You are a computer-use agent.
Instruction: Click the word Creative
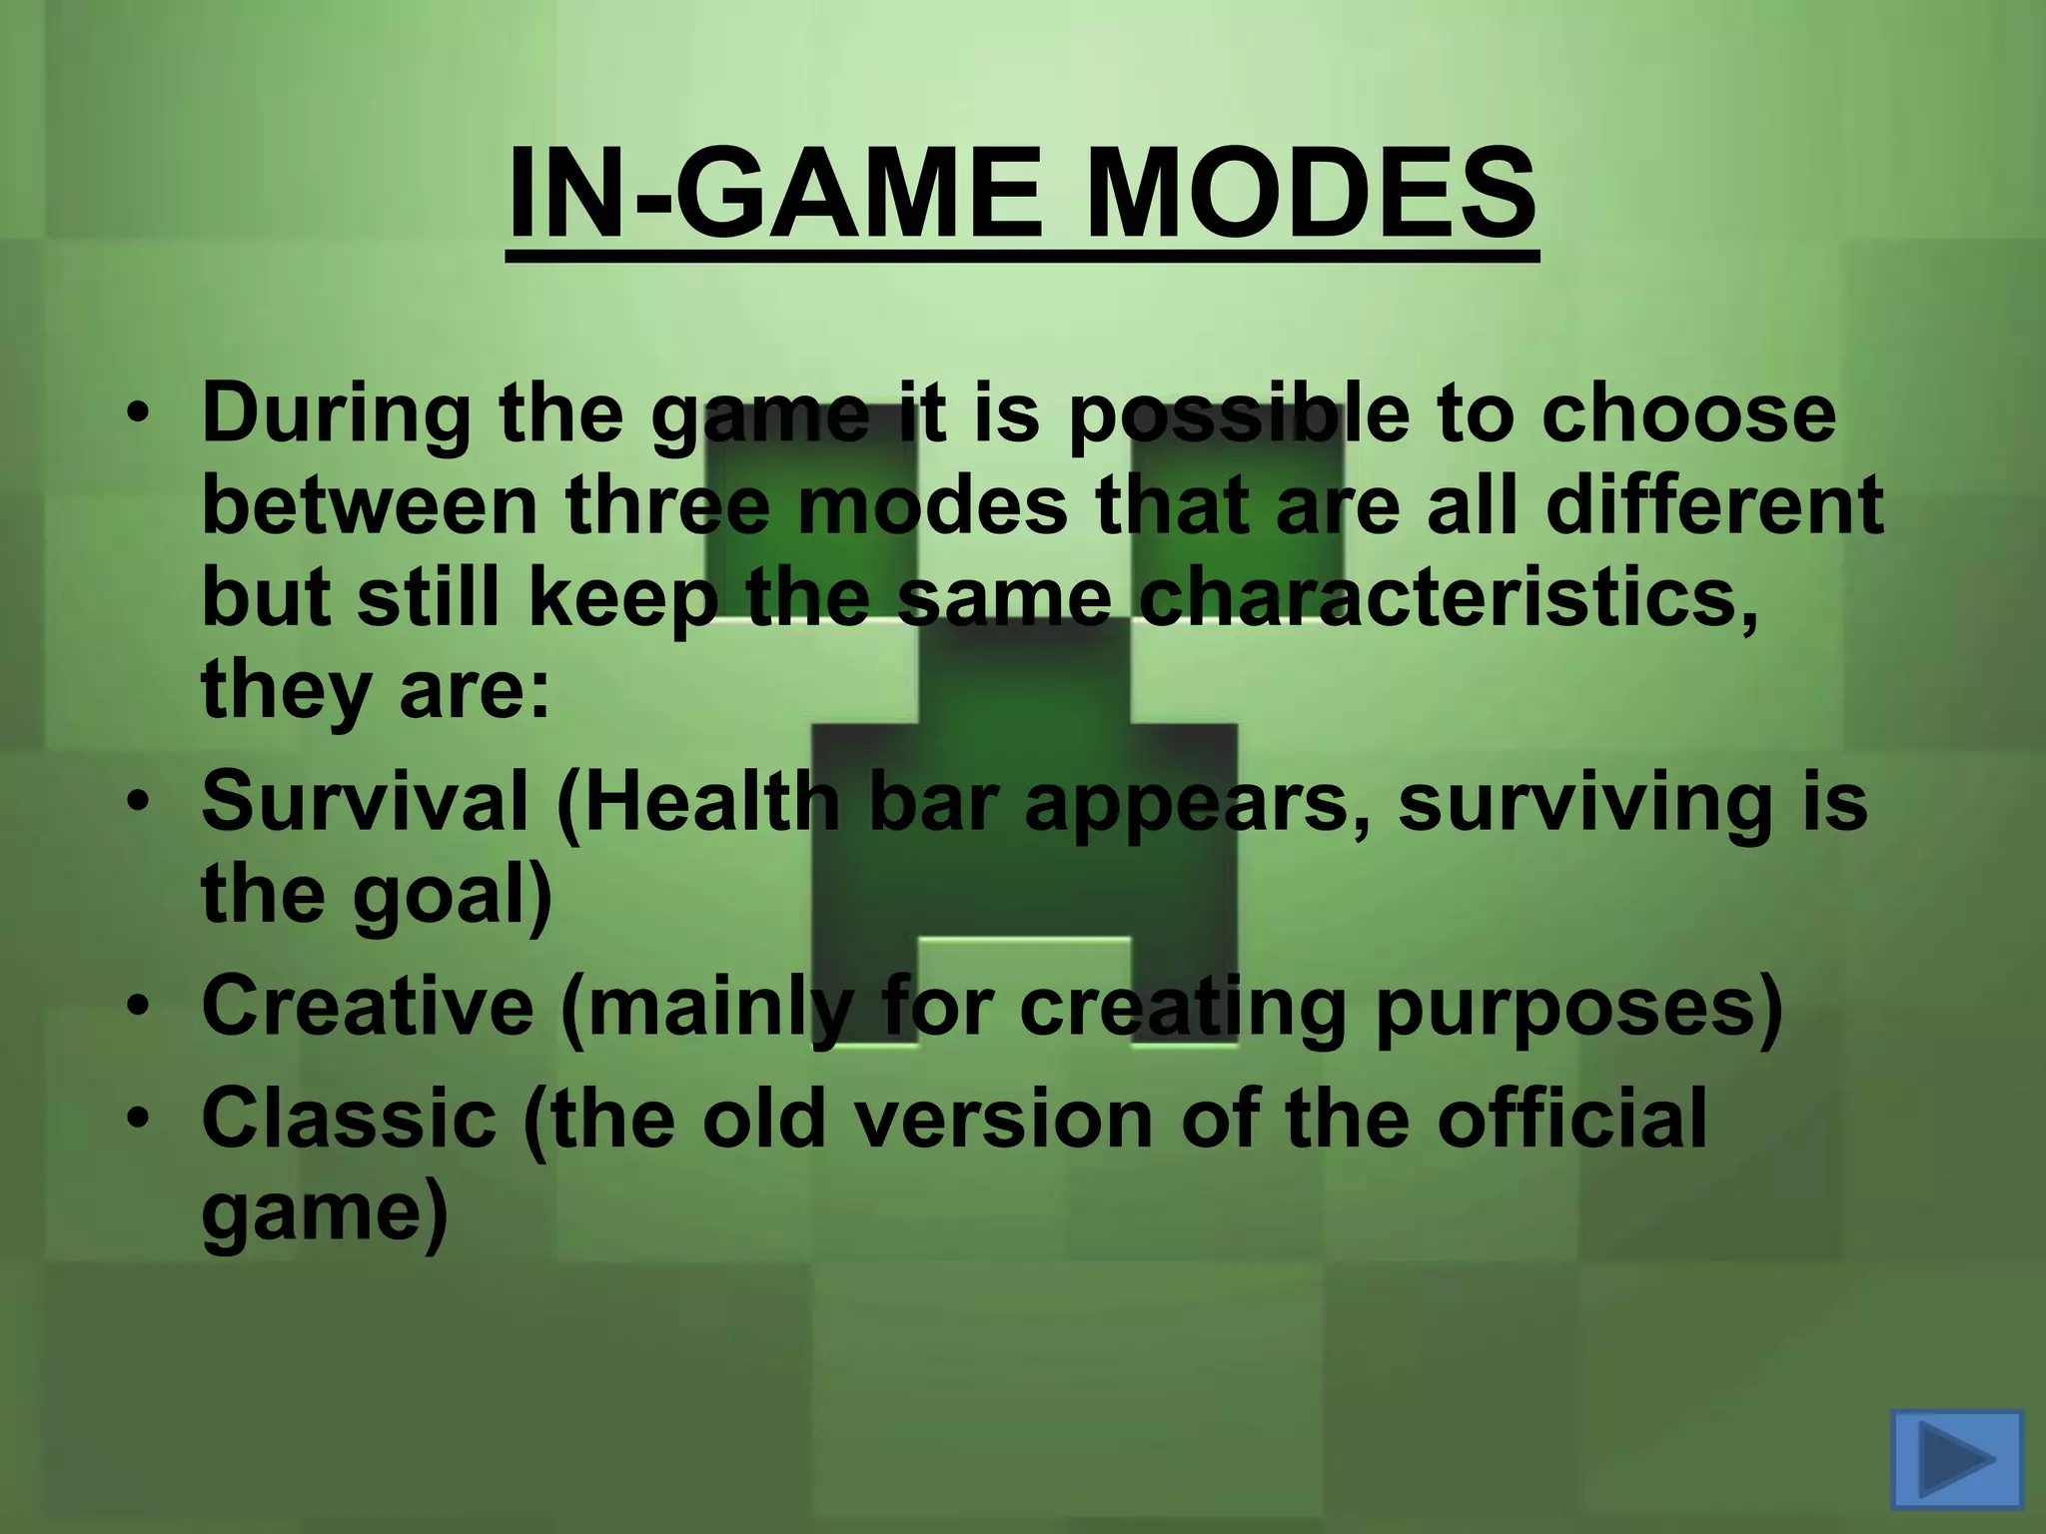click(x=368, y=1007)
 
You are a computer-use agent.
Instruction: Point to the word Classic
click(x=349, y=1118)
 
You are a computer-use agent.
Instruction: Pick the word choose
click(x=1687, y=413)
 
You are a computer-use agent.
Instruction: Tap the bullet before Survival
click(x=144, y=804)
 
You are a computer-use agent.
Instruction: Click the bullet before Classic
click(x=144, y=1119)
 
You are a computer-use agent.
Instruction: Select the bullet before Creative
click(x=144, y=1008)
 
